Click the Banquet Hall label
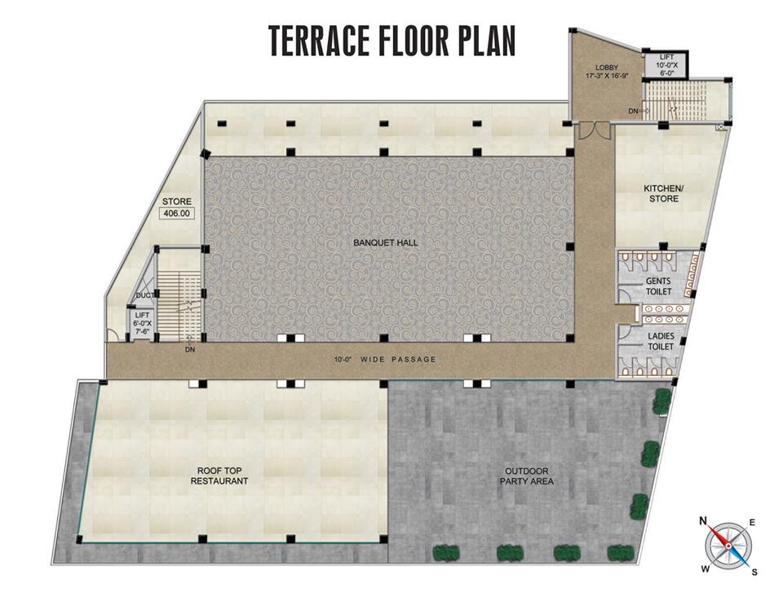tap(386, 243)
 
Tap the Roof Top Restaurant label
tap(219, 476)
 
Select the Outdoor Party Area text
tap(526, 476)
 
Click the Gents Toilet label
tap(659, 286)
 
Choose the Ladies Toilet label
tap(661, 341)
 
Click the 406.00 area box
tap(177, 214)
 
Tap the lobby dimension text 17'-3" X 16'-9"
tap(607, 77)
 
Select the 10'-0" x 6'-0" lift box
tap(666, 64)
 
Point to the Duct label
tap(145, 295)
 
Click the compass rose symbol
tap(729, 546)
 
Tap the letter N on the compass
tap(702, 521)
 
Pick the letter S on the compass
tap(754, 573)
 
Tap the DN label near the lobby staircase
tap(633, 112)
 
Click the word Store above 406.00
tap(177, 201)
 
